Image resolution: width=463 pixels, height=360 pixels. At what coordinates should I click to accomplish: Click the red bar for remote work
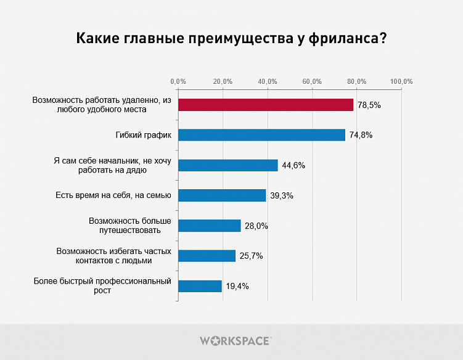tap(266, 105)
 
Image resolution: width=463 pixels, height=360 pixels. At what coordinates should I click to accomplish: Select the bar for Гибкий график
tap(261, 135)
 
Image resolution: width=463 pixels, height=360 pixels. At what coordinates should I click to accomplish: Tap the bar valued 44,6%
tap(228, 165)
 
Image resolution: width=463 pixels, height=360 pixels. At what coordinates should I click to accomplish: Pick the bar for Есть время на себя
tap(222, 195)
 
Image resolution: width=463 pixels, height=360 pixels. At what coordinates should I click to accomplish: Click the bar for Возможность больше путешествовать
tap(209, 226)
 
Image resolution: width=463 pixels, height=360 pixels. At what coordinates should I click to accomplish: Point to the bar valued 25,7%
tap(207, 256)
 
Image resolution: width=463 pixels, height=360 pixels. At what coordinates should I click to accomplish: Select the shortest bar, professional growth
tap(200, 286)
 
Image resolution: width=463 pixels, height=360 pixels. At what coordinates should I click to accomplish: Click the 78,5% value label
tap(369, 105)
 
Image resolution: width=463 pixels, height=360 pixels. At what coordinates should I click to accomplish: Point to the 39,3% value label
tap(282, 196)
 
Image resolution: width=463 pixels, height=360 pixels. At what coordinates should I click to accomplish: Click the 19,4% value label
tap(237, 287)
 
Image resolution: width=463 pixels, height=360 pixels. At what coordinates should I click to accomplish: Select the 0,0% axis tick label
tap(178, 81)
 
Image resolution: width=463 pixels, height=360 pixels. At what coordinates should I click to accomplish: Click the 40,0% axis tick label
tap(268, 81)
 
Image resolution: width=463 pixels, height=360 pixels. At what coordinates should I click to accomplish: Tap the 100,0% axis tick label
tap(401, 81)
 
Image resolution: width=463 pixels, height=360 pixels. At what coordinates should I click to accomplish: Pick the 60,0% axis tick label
tap(313, 81)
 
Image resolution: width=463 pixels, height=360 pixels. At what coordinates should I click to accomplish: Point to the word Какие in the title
tap(97, 39)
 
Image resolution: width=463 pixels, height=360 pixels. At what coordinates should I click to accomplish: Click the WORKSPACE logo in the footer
tap(235, 340)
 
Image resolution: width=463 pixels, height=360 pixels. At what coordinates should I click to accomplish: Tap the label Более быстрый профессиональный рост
tap(101, 286)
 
